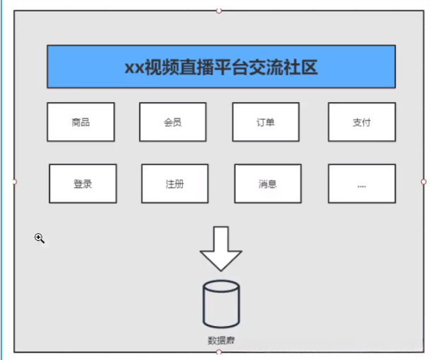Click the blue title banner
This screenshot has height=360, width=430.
tap(221, 67)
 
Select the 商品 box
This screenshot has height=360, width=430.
tap(81, 122)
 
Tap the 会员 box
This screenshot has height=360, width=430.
tap(173, 122)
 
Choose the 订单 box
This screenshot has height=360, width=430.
tap(266, 122)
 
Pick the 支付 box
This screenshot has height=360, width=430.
tap(361, 122)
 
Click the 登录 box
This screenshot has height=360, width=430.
tap(83, 184)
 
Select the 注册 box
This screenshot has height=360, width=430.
tap(175, 184)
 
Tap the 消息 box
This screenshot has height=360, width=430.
tap(268, 184)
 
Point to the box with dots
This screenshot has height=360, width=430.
tap(362, 184)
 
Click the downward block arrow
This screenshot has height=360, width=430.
tap(221, 249)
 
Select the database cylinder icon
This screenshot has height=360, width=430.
tap(221, 304)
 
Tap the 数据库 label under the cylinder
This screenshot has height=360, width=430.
tap(221, 340)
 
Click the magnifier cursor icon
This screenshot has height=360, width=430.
tap(40, 239)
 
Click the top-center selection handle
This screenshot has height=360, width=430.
tap(219, 11)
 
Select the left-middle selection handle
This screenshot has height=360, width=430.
tap(14, 181)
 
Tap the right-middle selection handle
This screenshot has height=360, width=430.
tap(424, 181)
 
